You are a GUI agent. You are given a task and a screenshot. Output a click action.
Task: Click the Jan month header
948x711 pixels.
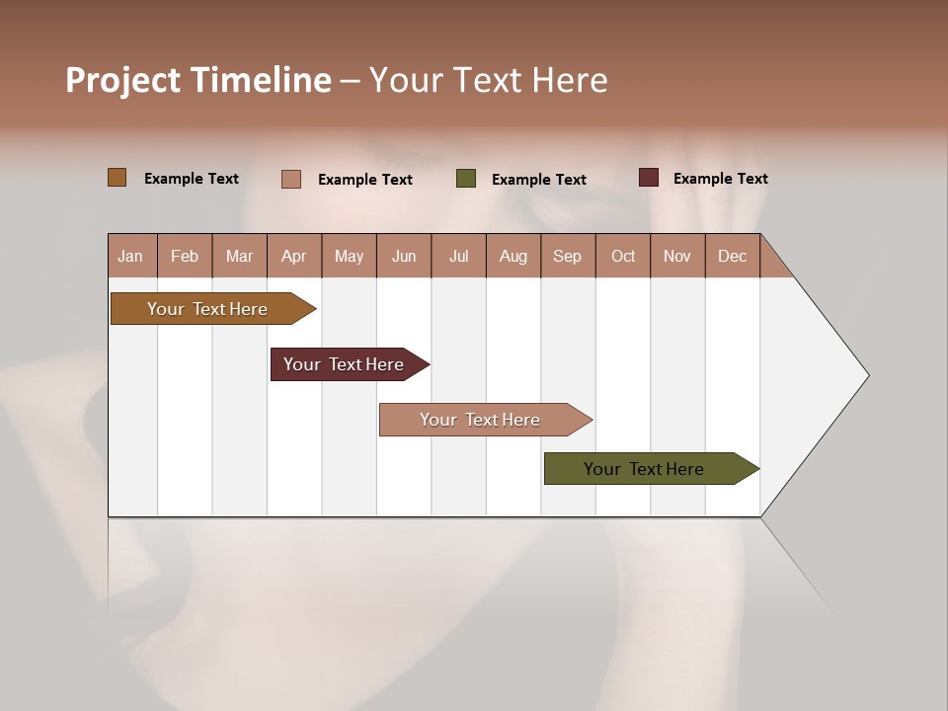tap(130, 256)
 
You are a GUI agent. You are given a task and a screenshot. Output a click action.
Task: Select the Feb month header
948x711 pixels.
tap(185, 256)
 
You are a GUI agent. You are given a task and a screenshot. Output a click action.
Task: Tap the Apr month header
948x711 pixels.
tap(293, 256)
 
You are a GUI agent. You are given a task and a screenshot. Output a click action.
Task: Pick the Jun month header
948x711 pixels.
tap(404, 256)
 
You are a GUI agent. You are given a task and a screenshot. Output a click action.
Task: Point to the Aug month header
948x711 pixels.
tap(513, 256)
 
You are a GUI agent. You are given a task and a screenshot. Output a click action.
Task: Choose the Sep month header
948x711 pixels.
tap(567, 256)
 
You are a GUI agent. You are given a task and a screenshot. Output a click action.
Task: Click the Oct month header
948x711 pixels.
tap(623, 256)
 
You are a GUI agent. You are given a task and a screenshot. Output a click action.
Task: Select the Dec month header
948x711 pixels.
tap(732, 256)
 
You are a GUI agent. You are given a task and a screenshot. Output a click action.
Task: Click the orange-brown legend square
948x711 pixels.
tap(117, 178)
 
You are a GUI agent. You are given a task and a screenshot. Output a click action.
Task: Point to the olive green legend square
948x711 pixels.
tap(466, 179)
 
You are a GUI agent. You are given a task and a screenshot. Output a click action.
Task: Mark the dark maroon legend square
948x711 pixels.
tap(648, 178)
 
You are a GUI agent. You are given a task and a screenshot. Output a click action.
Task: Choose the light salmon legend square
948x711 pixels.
tap(291, 179)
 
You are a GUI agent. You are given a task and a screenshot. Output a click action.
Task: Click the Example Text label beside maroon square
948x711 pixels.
tap(720, 179)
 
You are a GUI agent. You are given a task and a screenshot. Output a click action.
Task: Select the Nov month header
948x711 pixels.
tap(677, 256)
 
